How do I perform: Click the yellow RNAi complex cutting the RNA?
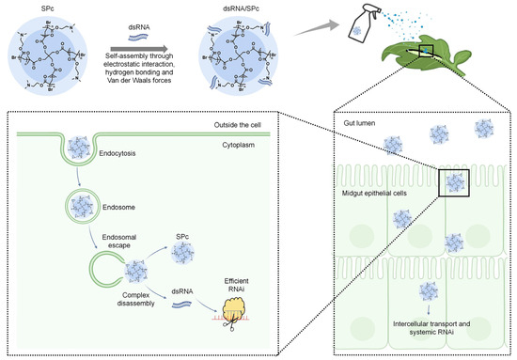(x=248, y=301)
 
